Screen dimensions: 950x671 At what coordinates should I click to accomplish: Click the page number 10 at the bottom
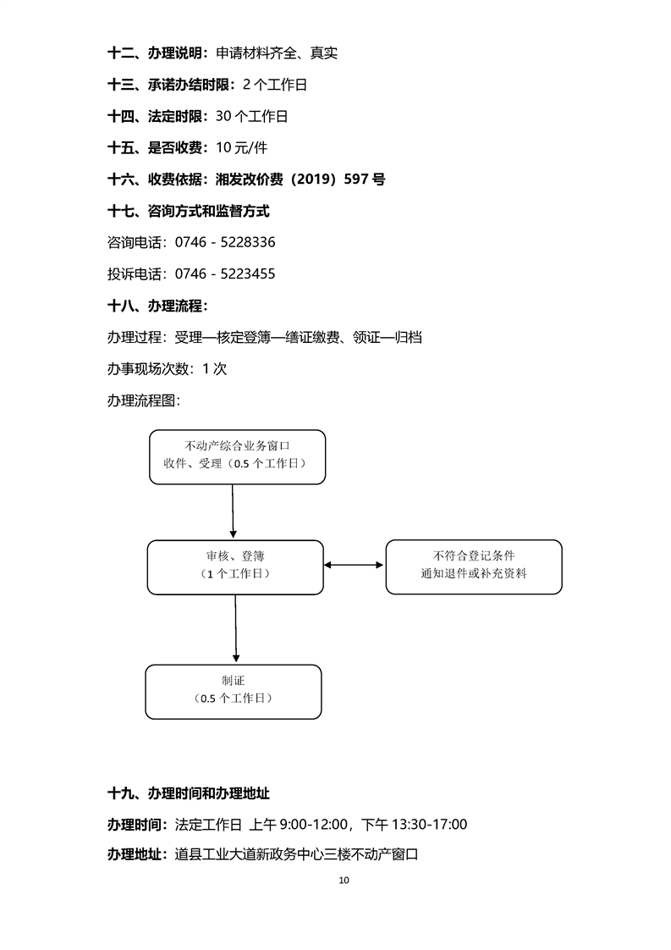pyautogui.click(x=343, y=880)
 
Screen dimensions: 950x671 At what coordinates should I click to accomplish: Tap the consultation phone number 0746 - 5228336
pyautogui.click(x=225, y=242)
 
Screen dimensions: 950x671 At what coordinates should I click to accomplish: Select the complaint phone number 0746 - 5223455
pyautogui.click(x=225, y=273)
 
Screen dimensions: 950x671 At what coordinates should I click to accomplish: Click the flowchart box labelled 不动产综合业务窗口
pyautogui.click(x=237, y=456)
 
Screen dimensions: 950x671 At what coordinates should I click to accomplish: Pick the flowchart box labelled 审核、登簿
pyautogui.click(x=234, y=566)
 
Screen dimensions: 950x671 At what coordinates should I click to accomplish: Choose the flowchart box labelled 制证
pyautogui.click(x=234, y=691)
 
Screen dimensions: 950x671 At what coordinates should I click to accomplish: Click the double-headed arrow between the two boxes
pyautogui.click(x=355, y=565)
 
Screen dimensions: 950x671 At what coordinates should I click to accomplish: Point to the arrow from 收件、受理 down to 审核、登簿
pyautogui.click(x=233, y=511)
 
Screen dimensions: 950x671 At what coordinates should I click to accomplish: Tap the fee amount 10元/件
pyautogui.click(x=241, y=147)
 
